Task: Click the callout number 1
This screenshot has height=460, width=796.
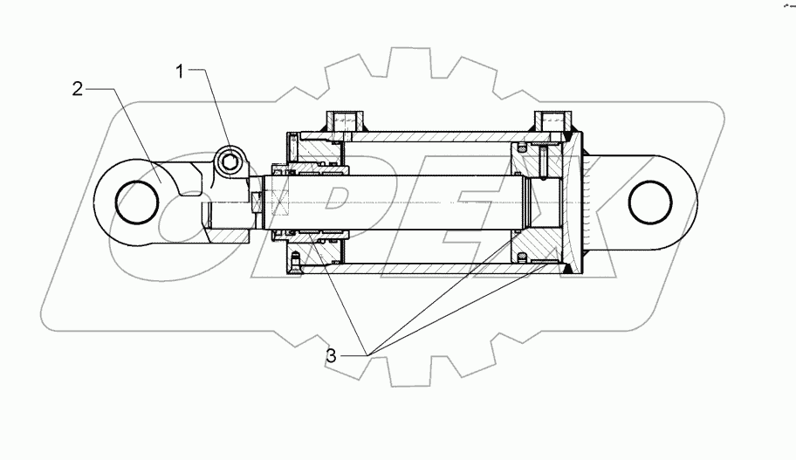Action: click(x=181, y=72)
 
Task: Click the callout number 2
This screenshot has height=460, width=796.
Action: click(x=78, y=89)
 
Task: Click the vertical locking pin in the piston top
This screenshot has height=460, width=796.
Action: click(x=541, y=161)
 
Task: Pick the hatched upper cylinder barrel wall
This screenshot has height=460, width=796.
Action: click(x=436, y=138)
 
